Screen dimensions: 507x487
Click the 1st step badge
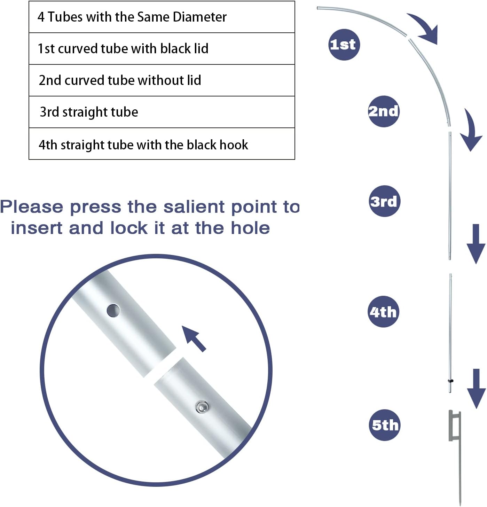(x=344, y=45)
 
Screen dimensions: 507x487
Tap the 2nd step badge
(x=384, y=111)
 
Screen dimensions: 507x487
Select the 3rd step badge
(x=384, y=201)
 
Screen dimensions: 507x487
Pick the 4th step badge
(x=383, y=312)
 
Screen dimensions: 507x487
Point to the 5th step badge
(x=385, y=425)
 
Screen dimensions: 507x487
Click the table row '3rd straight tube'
(x=162, y=112)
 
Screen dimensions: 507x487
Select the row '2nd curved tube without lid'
(x=162, y=80)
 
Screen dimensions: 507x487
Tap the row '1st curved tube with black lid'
(x=162, y=49)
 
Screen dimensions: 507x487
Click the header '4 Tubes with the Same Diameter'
(x=162, y=17)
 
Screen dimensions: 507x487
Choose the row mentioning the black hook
(x=162, y=144)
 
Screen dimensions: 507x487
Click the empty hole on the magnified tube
(x=113, y=311)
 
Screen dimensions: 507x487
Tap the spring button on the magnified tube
(x=202, y=406)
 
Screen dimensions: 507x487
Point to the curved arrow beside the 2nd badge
(x=472, y=131)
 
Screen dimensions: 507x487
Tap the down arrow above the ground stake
(x=476, y=388)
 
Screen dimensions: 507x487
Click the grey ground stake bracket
(x=455, y=427)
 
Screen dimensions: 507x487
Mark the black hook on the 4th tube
(x=451, y=381)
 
